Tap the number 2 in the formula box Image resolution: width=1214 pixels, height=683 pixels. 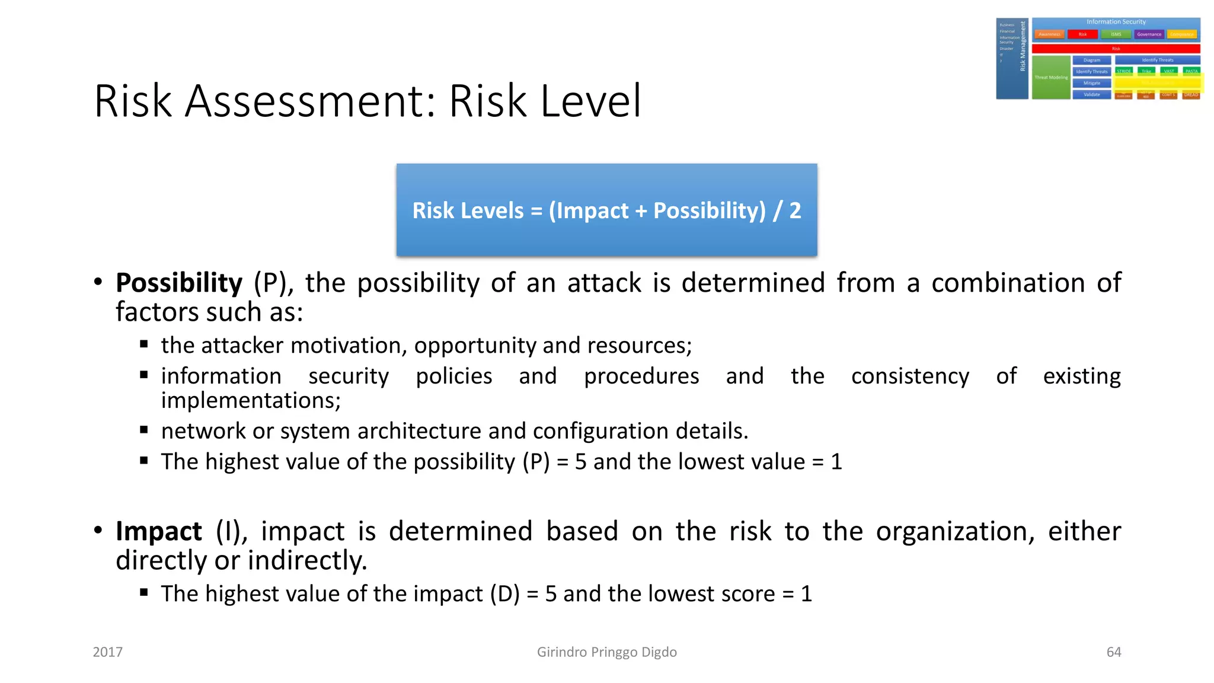795,210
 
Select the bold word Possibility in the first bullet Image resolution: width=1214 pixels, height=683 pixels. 179,283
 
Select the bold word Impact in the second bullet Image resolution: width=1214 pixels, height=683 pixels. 159,531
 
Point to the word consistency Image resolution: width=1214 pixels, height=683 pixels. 910,376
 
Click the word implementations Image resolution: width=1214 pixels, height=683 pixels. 250,401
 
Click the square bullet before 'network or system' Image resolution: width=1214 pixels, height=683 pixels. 144,430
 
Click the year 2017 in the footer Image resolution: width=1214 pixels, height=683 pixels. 108,652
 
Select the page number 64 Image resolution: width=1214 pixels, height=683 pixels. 1114,652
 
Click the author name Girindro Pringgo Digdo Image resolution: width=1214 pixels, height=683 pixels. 606,652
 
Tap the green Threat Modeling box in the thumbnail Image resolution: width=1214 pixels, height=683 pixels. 1050,78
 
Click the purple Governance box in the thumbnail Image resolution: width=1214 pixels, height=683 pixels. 1149,34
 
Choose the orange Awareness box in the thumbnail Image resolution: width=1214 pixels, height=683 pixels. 1049,34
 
